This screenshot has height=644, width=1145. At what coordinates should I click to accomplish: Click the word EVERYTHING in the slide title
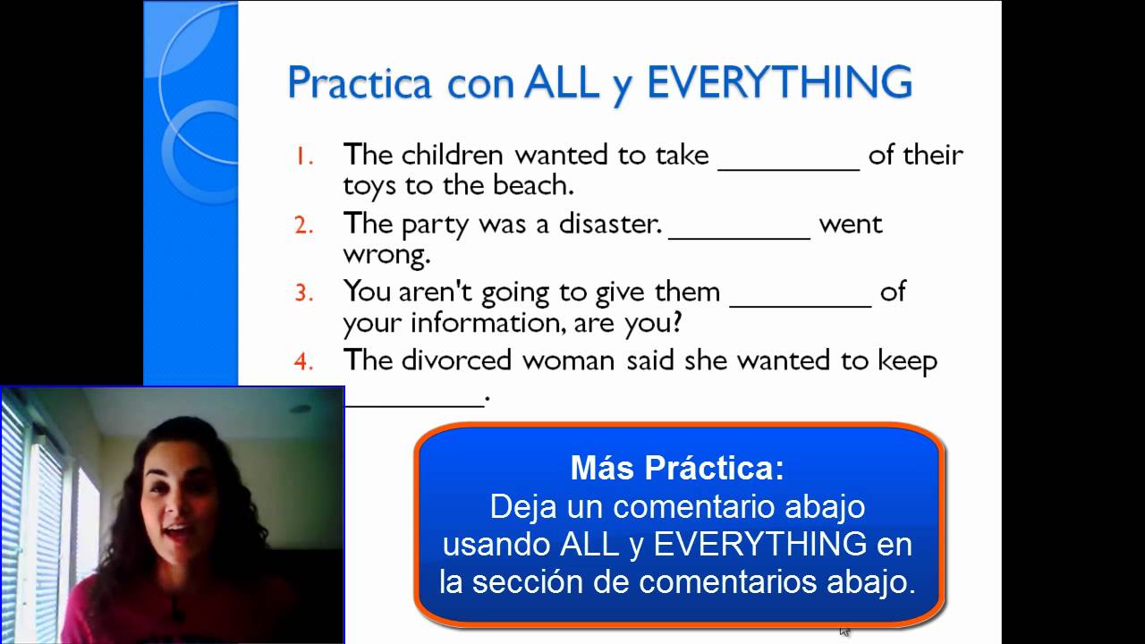[778, 83]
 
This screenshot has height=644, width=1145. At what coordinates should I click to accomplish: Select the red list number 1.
[305, 156]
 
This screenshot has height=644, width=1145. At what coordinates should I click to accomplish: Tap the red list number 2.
[304, 225]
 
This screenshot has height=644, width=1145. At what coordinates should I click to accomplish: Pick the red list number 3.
[304, 293]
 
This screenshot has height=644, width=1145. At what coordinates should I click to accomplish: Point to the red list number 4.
[304, 361]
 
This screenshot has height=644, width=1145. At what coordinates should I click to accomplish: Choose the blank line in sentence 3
[800, 301]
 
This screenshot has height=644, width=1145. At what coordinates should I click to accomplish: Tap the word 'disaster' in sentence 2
[610, 224]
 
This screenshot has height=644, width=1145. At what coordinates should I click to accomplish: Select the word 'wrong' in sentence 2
[386, 254]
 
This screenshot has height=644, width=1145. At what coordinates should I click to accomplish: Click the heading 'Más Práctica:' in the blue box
[677, 468]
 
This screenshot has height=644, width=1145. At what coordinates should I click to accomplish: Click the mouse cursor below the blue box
[844, 631]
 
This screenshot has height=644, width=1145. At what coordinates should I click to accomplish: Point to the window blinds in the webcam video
[40, 501]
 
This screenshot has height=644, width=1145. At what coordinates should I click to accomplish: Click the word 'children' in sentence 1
[453, 155]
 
